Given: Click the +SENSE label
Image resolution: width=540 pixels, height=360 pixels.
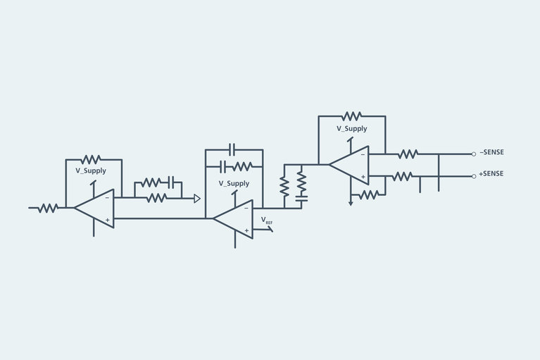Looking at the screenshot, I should (x=492, y=174).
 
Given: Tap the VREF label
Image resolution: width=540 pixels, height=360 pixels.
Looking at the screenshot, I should (x=267, y=221).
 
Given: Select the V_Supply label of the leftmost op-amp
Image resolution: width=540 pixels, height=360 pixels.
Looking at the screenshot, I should (x=91, y=170).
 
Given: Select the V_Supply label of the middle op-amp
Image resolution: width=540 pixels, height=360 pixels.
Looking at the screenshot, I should (x=234, y=183).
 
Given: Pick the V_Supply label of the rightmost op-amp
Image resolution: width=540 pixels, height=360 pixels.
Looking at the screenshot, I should (x=351, y=128).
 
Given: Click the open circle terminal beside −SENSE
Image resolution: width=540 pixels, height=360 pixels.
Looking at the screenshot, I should (x=474, y=154).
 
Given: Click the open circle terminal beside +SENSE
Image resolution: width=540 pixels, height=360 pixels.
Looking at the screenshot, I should (x=474, y=175).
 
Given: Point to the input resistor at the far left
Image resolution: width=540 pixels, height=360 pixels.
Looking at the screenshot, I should (x=48, y=208).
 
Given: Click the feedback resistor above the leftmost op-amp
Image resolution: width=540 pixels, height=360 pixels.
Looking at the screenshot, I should (x=91, y=159).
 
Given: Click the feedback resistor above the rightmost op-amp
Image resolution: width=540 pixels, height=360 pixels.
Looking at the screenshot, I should (x=351, y=116).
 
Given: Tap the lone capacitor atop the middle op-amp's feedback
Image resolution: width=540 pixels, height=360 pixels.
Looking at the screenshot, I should (x=234, y=149).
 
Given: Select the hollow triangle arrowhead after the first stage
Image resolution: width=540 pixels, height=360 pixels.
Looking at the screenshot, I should (x=197, y=199).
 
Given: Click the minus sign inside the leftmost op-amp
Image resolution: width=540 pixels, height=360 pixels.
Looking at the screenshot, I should (x=107, y=198).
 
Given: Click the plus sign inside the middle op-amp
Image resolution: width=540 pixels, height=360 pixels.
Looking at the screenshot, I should (x=246, y=230).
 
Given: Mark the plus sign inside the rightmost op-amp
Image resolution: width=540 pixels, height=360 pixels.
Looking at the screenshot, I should (x=363, y=176).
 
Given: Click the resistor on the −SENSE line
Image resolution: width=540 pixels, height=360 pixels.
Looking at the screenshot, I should (x=408, y=154).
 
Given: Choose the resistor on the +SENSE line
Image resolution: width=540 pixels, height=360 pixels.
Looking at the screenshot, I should (x=403, y=175).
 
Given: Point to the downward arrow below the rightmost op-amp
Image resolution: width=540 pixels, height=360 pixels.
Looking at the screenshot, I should (x=351, y=202).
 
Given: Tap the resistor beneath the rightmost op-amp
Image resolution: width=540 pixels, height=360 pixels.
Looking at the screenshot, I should (x=368, y=194).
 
